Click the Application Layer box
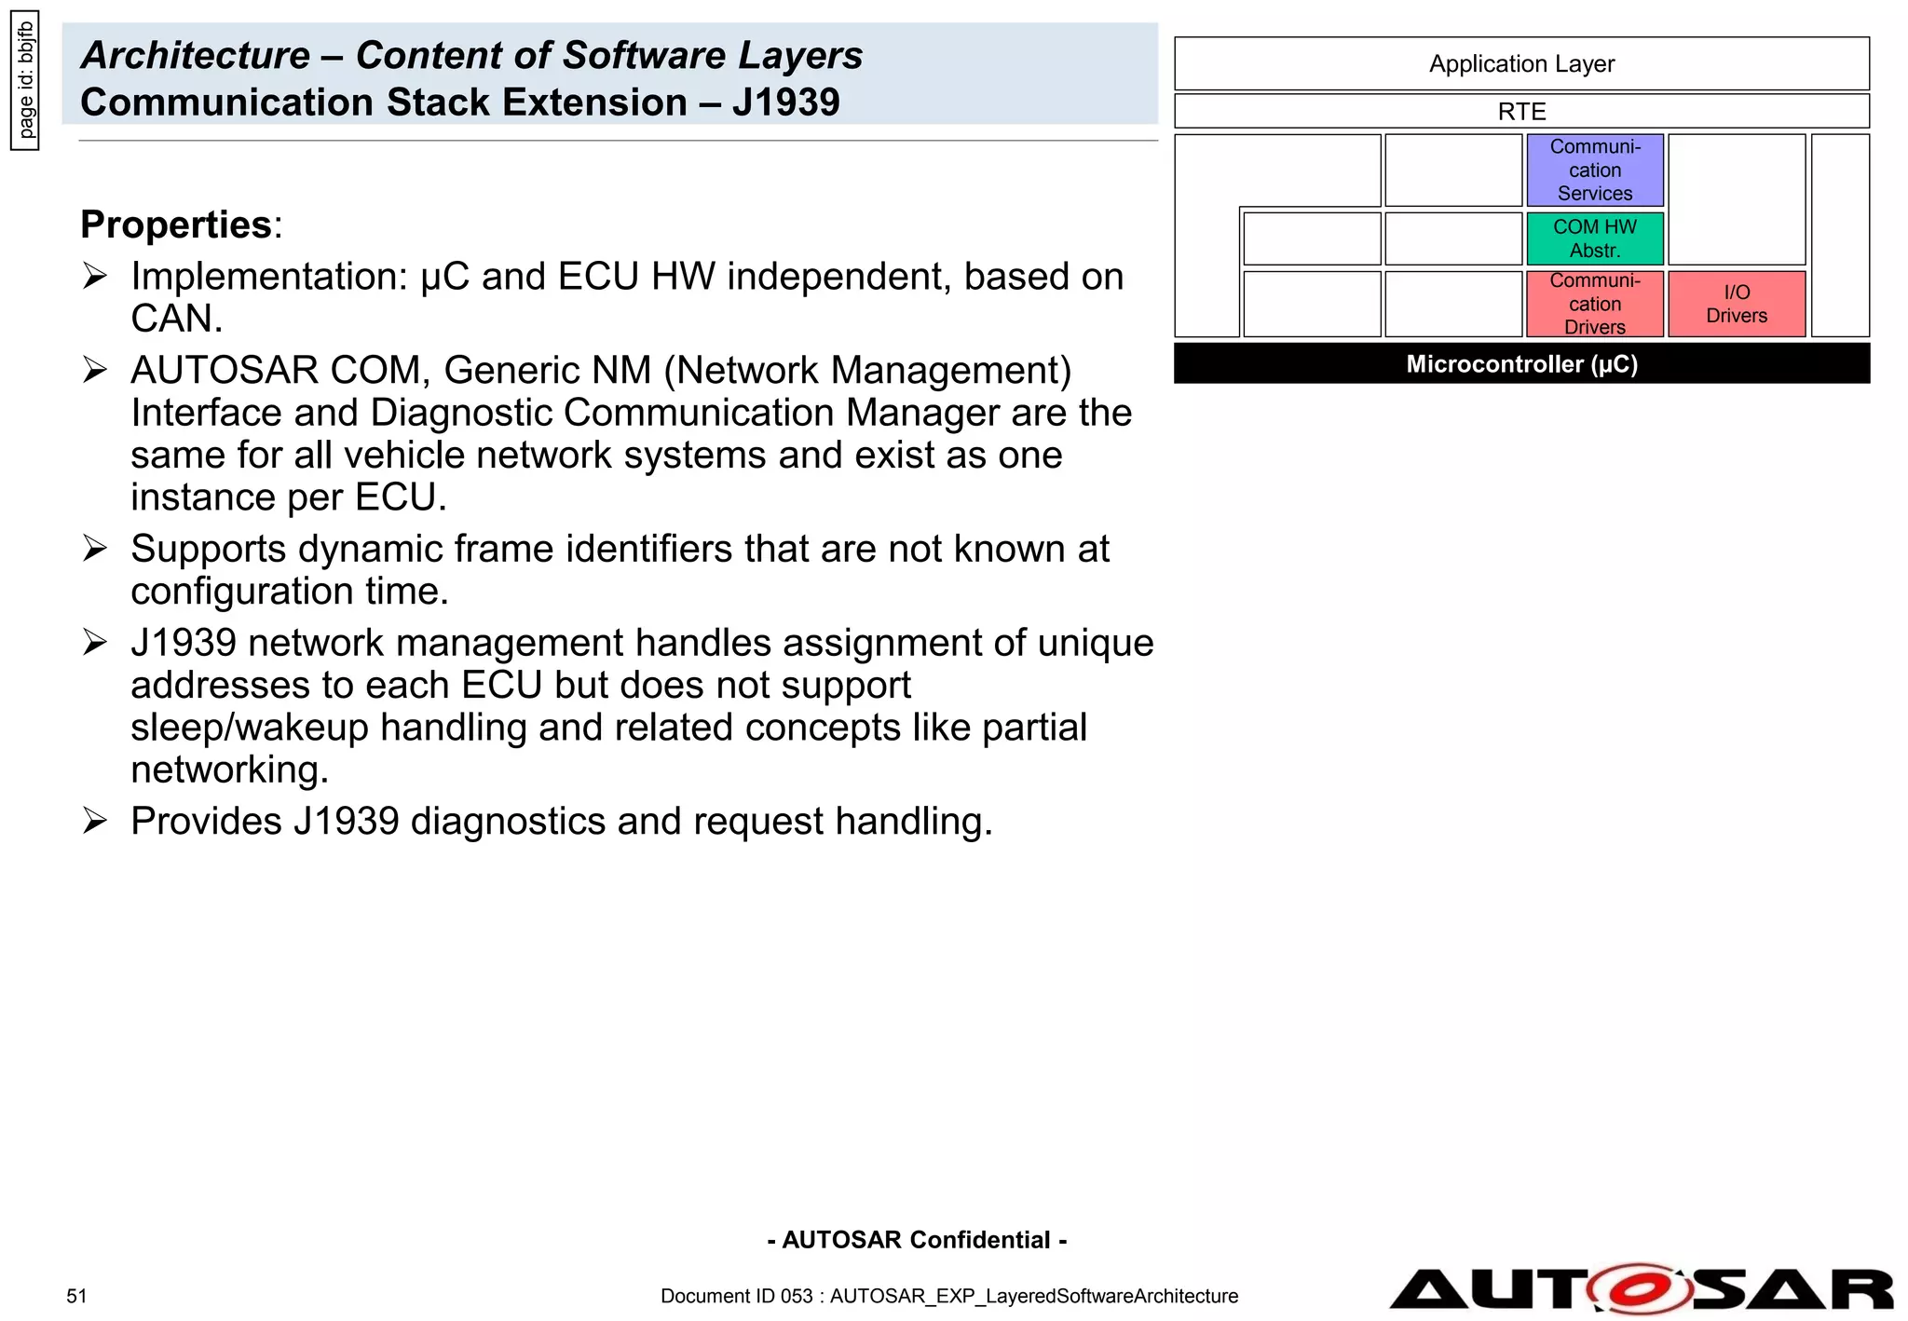coord(1521,63)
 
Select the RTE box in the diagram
coord(1521,112)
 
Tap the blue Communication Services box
coord(1594,170)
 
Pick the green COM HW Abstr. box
coord(1594,238)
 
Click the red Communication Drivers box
coord(1594,304)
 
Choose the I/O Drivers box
coord(1736,304)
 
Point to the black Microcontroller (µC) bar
coord(1521,363)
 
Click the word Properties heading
coord(176,225)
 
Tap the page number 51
coord(76,1296)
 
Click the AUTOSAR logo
coord(1641,1289)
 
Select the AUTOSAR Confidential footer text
coord(917,1240)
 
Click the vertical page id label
coord(25,79)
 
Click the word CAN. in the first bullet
coord(176,319)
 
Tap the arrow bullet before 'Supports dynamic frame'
coord(95,548)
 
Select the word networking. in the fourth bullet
coord(229,769)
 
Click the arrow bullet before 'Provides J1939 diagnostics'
coord(95,821)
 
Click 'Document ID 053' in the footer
coord(736,1296)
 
